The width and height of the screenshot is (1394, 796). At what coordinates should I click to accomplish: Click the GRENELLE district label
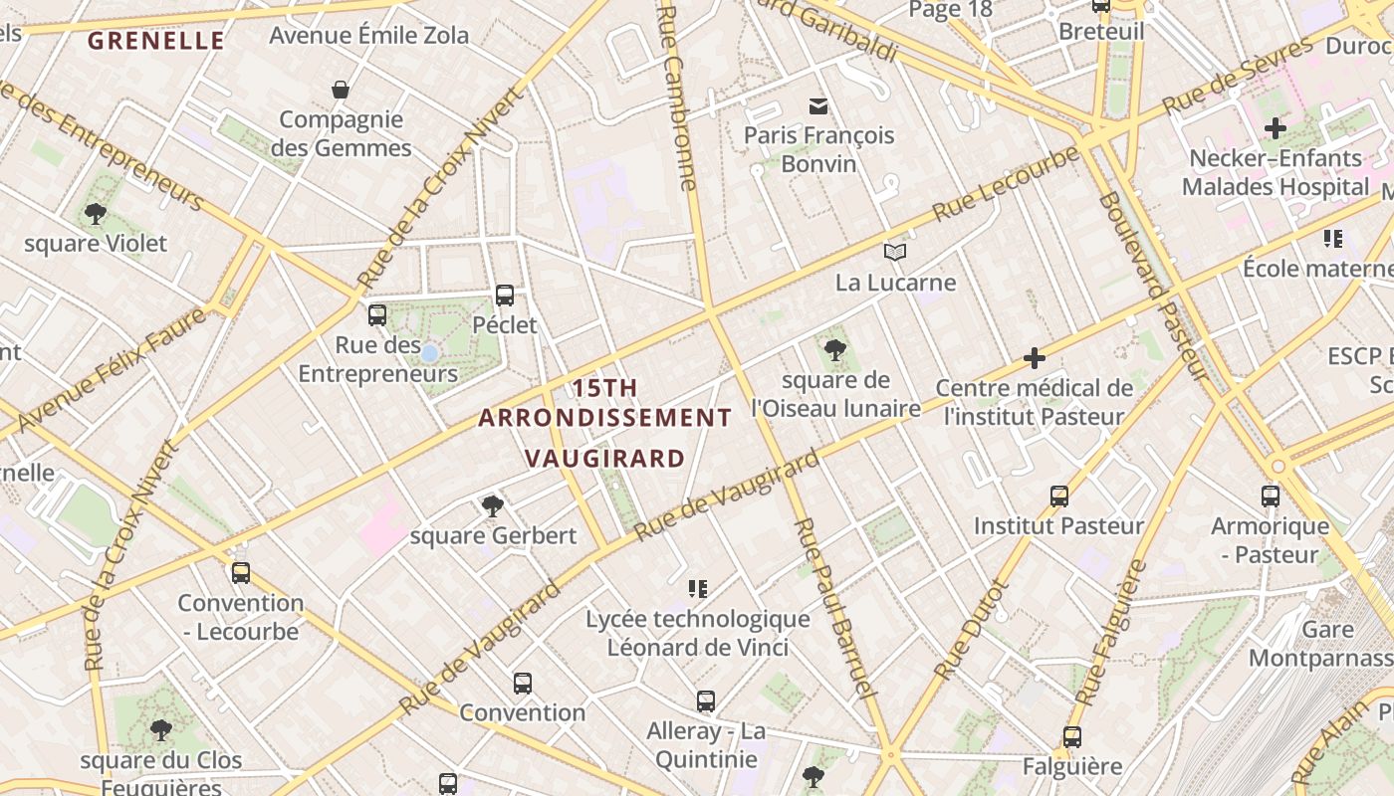156,41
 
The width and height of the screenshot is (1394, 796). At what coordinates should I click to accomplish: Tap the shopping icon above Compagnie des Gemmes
341,90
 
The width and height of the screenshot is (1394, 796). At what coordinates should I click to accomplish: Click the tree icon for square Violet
96,213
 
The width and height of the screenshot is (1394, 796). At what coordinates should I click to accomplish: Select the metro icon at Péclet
505,295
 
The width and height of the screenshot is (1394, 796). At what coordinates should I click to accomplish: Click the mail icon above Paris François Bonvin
818,105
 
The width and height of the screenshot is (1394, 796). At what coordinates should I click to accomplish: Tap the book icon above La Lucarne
895,252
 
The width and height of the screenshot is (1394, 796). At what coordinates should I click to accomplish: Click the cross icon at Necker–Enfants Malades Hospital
1275,127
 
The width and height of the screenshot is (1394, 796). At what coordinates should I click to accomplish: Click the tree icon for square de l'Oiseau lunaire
834,349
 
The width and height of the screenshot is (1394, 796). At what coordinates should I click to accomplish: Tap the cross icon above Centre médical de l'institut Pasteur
1035,357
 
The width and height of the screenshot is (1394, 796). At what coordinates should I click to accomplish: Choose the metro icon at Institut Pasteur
1058,496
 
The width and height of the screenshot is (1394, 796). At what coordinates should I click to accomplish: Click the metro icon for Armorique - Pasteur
1270,496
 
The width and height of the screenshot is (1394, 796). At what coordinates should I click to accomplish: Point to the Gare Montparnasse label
1320,644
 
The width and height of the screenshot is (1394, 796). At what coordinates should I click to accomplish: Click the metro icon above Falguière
1071,737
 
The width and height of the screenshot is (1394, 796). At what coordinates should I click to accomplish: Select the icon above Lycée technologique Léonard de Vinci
698,589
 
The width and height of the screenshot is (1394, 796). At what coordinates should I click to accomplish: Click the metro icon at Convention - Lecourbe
240,572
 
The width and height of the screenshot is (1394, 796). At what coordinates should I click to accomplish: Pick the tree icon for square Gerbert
492,505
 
